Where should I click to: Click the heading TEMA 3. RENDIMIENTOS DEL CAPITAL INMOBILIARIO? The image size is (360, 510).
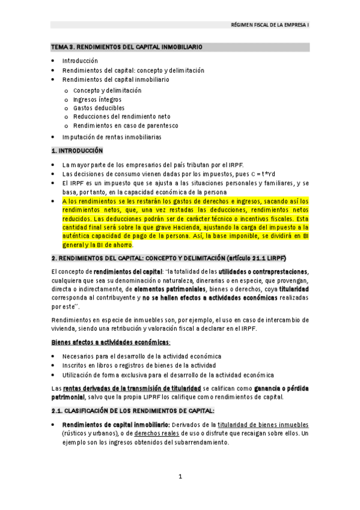126,47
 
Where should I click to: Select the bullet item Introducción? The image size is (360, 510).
79,61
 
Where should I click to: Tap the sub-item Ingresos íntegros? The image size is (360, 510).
97,99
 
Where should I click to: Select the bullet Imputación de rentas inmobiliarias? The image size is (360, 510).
112,137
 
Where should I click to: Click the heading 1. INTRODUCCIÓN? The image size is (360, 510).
77,150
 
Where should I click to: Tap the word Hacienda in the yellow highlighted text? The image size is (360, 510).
185,227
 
